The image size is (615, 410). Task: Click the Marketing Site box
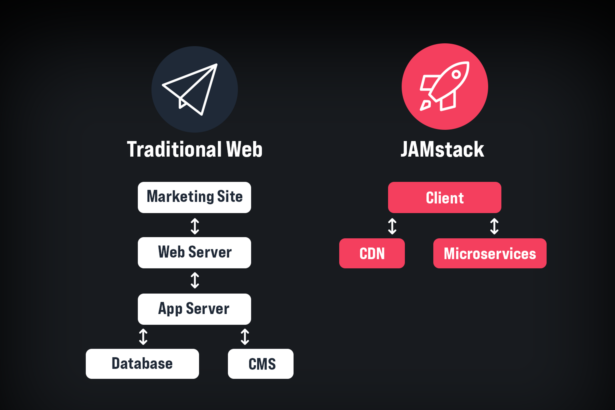click(194, 197)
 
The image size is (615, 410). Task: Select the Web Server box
click(194, 253)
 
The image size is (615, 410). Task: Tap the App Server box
click(194, 309)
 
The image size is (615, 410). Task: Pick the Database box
click(142, 364)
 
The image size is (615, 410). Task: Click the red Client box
click(445, 197)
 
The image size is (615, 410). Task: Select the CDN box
click(372, 253)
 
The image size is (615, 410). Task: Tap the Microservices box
click(490, 253)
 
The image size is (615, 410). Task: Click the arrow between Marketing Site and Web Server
click(195, 226)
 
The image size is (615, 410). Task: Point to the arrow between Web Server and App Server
click(195, 280)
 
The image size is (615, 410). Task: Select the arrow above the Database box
click(143, 337)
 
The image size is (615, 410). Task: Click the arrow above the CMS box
click(245, 337)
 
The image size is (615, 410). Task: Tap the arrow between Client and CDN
click(392, 226)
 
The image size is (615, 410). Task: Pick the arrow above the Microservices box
click(494, 226)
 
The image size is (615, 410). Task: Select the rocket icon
click(445, 86)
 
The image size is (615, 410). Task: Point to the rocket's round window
click(456, 74)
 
